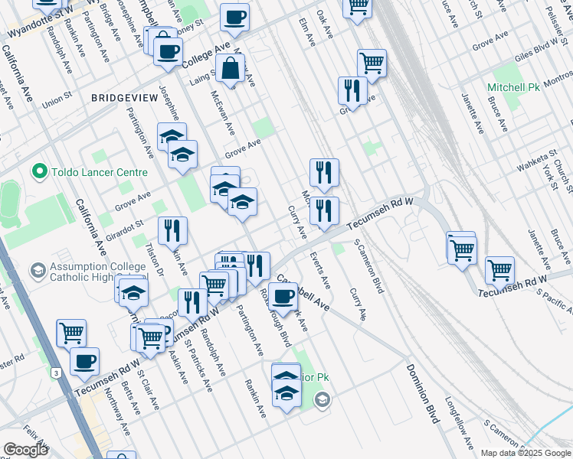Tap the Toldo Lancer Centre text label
coord(99,173)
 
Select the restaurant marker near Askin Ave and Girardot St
coord(172,230)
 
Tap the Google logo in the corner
coord(25,449)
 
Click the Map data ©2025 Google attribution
coord(525,452)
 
